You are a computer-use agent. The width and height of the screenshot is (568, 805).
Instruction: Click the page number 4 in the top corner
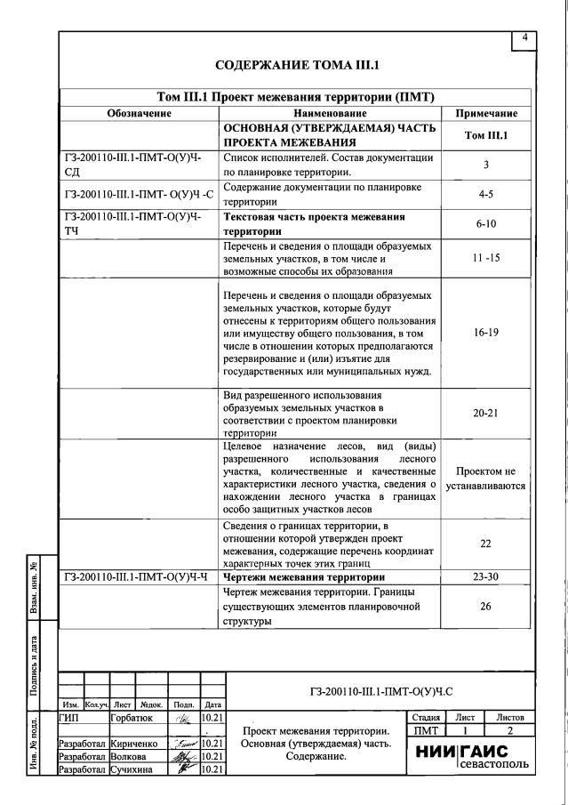click(x=524, y=37)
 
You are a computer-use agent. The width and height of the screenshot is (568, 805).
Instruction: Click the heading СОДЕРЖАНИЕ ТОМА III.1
click(x=297, y=65)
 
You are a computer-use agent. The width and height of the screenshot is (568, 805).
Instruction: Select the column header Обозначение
click(x=140, y=114)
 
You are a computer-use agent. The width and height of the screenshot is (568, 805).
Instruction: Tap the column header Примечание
click(x=486, y=114)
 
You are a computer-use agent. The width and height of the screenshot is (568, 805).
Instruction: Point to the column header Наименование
click(x=330, y=114)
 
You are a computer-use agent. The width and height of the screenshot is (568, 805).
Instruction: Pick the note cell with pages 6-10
click(x=486, y=224)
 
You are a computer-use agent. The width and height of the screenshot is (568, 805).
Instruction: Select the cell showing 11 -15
click(x=486, y=258)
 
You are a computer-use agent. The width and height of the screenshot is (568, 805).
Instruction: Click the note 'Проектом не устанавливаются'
click(x=486, y=479)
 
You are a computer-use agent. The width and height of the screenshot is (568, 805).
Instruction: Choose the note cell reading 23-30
click(x=486, y=576)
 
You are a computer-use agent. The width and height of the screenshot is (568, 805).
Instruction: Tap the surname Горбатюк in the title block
click(x=131, y=716)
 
